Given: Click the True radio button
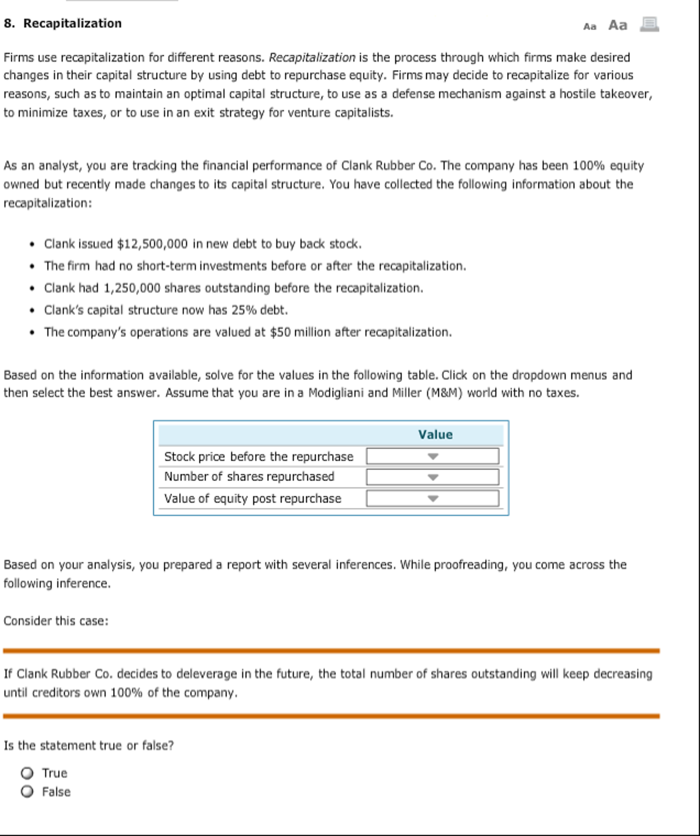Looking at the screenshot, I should [x=27, y=773].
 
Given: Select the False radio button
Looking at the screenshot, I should [x=27, y=792].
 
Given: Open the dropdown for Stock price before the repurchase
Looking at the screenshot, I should [x=432, y=456].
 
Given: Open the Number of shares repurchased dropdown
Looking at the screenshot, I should [x=432, y=477].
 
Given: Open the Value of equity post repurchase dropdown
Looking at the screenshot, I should [x=432, y=498].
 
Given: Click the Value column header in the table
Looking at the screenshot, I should [x=435, y=435].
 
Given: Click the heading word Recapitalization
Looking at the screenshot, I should [x=72, y=23].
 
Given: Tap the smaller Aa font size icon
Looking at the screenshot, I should [x=590, y=27].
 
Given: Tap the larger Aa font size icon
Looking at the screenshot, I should [x=617, y=25].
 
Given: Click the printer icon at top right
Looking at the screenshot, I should [x=649, y=25].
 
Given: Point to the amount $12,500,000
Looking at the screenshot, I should [x=152, y=244].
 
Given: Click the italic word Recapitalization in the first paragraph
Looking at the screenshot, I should [x=312, y=58].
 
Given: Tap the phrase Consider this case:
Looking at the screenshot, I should [x=56, y=621].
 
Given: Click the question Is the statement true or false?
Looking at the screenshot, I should [x=89, y=746].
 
